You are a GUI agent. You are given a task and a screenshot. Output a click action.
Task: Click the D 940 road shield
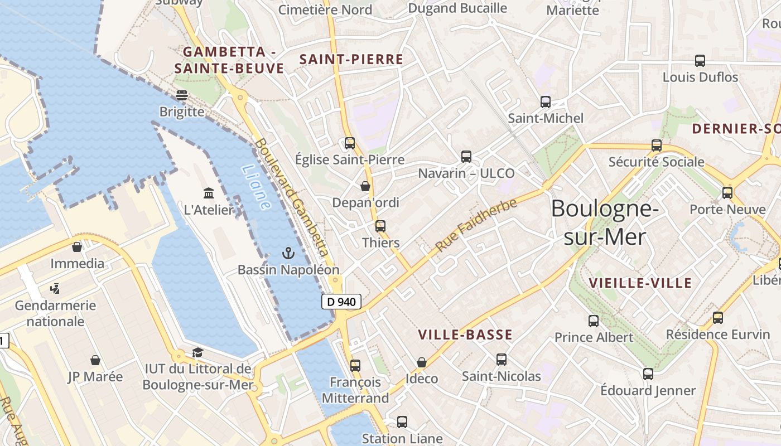(x=341, y=302)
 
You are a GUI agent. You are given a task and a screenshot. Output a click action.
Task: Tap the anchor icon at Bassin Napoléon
(x=288, y=254)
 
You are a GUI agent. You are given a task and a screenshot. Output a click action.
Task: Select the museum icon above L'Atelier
(x=209, y=193)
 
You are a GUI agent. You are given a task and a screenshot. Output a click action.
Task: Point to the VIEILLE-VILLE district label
(x=640, y=283)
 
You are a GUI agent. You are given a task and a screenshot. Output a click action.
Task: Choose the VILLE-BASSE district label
(x=465, y=334)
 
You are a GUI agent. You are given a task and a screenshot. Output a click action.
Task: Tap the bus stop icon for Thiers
(x=380, y=226)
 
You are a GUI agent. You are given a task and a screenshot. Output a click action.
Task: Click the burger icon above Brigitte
(x=182, y=95)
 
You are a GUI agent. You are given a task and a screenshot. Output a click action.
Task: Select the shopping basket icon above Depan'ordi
(x=365, y=186)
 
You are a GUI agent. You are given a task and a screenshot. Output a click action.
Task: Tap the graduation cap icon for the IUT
(x=197, y=352)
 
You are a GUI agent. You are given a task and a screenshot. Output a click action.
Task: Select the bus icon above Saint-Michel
(x=546, y=102)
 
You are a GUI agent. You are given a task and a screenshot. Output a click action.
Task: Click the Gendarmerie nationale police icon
(x=55, y=289)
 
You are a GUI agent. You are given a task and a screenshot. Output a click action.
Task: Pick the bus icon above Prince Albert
(x=594, y=321)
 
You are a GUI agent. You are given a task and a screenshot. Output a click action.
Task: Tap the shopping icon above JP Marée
(x=95, y=360)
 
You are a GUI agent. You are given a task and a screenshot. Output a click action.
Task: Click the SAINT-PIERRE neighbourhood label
(x=351, y=60)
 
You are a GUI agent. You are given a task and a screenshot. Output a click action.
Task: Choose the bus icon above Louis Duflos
(x=700, y=61)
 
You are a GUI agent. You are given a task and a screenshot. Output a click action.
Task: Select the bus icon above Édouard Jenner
(x=648, y=374)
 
